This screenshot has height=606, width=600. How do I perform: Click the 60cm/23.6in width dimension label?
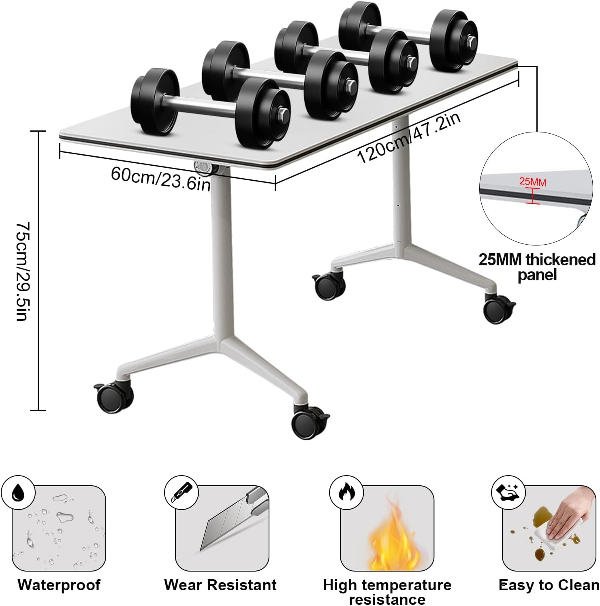(x=161, y=179)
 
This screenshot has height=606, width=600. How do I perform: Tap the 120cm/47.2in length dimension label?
(x=409, y=138)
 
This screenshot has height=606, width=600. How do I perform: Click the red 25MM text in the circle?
(x=533, y=181)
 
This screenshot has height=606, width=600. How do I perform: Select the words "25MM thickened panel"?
(x=537, y=267)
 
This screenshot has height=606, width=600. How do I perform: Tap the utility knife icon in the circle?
(x=181, y=493)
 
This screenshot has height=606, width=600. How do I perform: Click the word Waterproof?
(x=59, y=585)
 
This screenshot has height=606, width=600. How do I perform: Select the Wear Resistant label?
(x=220, y=585)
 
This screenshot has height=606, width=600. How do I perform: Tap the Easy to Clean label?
(x=549, y=585)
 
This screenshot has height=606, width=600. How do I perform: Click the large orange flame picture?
(x=392, y=534)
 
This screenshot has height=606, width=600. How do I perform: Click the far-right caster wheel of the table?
(x=499, y=309)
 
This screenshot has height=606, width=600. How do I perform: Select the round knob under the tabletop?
(x=203, y=167)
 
